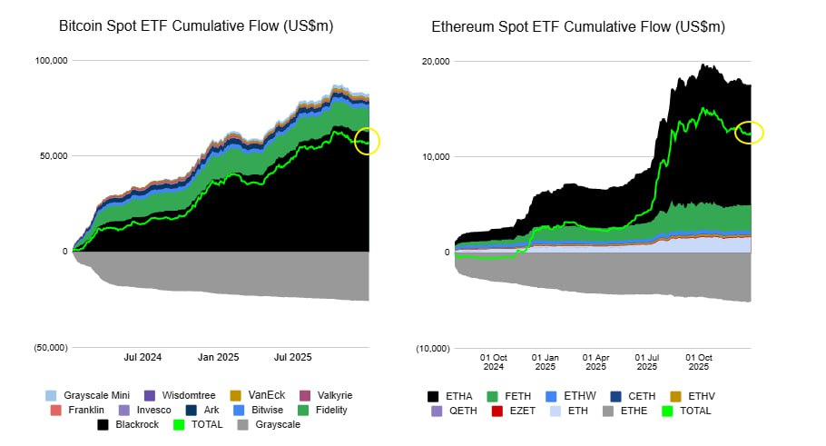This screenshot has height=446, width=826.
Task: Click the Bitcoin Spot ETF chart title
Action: point(196,26)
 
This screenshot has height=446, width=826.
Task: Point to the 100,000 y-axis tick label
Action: point(51,61)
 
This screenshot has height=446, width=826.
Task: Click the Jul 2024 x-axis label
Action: point(143,358)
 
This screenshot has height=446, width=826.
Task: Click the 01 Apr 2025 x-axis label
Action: point(596,362)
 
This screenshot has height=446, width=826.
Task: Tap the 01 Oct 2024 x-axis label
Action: point(494,362)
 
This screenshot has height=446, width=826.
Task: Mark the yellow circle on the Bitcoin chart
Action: point(369,141)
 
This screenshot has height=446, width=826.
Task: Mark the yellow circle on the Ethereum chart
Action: point(750,133)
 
